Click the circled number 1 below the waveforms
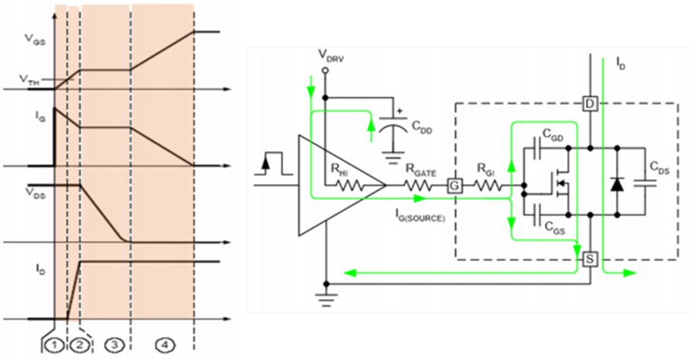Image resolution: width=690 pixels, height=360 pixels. (54, 346)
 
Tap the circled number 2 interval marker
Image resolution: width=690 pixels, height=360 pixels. (80, 346)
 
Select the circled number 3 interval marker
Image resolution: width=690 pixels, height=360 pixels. (114, 346)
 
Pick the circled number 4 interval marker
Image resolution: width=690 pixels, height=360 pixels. (164, 346)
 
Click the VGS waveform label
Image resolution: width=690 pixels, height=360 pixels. (34, 40)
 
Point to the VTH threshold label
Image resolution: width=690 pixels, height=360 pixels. (29, 80)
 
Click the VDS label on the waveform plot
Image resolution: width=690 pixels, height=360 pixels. (35, 193)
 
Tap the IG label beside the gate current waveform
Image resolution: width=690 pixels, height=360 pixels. (40, 117)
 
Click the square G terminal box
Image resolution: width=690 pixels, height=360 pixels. (454, 186)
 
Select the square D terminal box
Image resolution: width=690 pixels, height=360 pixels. (590, 104)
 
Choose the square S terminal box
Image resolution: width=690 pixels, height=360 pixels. (590, 260)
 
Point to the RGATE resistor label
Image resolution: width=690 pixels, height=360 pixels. (421, 172)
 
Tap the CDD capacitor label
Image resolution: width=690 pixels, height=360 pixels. (422, 127)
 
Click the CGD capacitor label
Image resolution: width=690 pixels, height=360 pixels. (553, 136)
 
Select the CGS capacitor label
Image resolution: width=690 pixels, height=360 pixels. (555, 228)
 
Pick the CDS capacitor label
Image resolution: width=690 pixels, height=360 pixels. (660, 168)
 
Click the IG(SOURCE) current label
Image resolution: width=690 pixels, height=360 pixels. (419, 215)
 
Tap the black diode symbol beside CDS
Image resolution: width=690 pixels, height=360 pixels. (618, 184)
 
